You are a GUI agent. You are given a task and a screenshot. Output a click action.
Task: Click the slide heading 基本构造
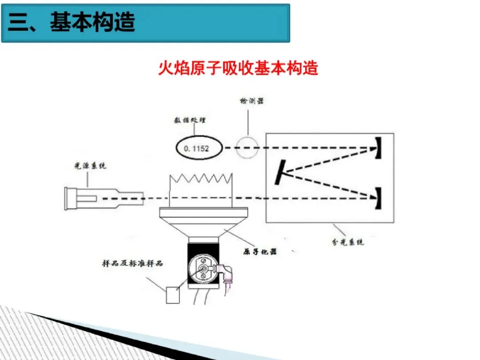(92, 22)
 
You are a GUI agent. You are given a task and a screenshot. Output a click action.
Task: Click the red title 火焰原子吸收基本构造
(239, 68)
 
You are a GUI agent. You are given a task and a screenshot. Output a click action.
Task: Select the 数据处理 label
(191, 120)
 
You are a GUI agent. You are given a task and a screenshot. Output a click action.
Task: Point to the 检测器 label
(251, 101)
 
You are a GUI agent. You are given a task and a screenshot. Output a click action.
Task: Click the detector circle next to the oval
(247, 147)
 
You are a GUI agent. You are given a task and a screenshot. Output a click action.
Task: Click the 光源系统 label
(90, 166)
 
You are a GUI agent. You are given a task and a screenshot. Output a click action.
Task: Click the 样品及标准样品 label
(133, 263)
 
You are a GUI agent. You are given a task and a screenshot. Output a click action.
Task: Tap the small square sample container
(173, 295)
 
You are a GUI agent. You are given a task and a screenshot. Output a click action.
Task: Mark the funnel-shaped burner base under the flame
(203, 222)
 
